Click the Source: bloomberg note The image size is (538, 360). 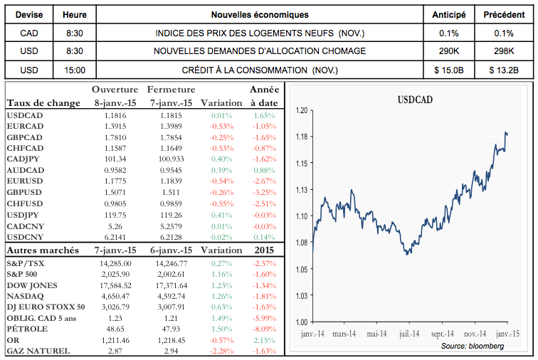(473, 345)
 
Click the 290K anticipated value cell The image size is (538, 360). (449, 51)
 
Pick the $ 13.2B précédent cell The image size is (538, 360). (504, 70)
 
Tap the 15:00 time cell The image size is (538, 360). (74, 70)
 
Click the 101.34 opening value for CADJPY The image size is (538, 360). (115, 159)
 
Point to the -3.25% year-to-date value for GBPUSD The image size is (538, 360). (263, 192)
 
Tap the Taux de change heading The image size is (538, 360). (43, 103)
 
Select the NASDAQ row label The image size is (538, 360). (25, 295)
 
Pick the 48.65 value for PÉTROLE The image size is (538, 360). (115, 329)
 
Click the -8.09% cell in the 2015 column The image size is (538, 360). (263, 329)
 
